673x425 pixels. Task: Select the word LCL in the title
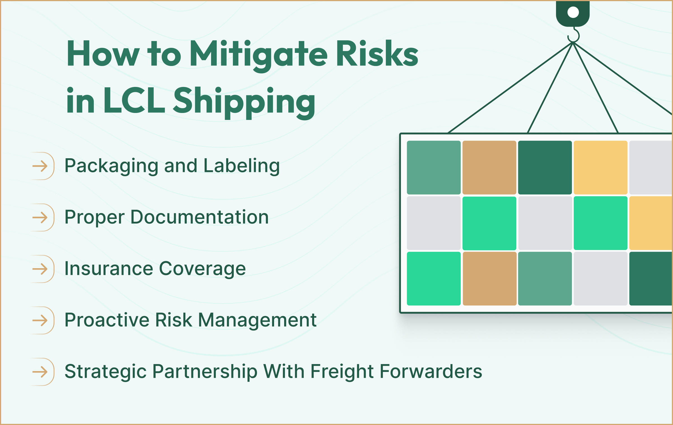[x=134, y=101]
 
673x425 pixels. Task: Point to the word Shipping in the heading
[x=244, y=102]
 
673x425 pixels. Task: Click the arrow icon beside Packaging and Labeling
[x=40, y=166]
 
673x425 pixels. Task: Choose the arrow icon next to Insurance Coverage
[x=40, y=269]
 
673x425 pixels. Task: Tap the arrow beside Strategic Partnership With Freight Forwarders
[x=40, y=372]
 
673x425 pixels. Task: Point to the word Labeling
[x=241, y=166]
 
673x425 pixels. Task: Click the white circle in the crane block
[x=573, y=12]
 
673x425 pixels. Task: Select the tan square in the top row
[x=489, y=167]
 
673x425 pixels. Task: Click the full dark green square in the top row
[x=545, y=167]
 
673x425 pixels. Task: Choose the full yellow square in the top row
[x=600, y=167]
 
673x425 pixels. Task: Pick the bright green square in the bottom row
[x=434, y=278]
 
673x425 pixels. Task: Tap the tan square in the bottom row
[x=489, y=278]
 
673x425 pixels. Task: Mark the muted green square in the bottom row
[x=545, y=278]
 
